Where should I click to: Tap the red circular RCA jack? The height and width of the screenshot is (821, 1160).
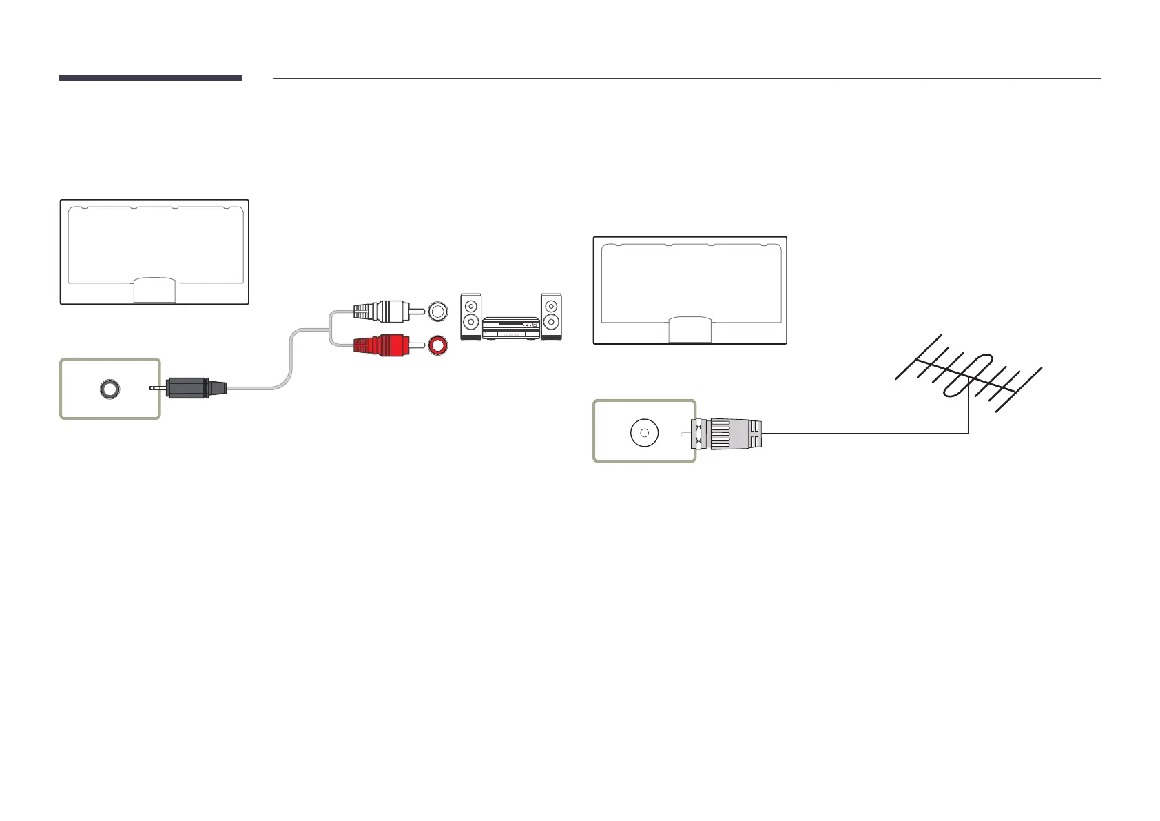[437, 345]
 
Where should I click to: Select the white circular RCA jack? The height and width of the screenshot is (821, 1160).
[437, 311]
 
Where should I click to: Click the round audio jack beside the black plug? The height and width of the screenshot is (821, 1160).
[109, 389]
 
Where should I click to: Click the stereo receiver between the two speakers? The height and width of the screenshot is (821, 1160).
[510, 328]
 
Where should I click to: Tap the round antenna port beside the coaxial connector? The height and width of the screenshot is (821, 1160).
[644, 433]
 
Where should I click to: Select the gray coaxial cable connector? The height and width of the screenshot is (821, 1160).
[728, 433]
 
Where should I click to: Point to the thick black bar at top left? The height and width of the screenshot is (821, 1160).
[149, 78]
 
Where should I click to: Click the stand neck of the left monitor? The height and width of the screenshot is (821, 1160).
[154, 290]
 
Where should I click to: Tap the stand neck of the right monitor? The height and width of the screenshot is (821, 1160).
[690, 330]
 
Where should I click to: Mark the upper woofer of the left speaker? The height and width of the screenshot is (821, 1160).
[470, 305]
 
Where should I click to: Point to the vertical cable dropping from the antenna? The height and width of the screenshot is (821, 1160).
[969, 414]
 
